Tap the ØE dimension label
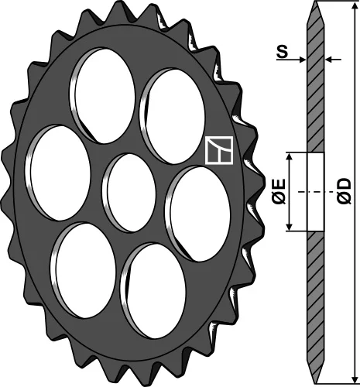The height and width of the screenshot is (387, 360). pos(279,190)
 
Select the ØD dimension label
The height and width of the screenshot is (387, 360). pos(345,190)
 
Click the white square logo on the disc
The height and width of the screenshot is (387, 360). pos(219,151)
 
